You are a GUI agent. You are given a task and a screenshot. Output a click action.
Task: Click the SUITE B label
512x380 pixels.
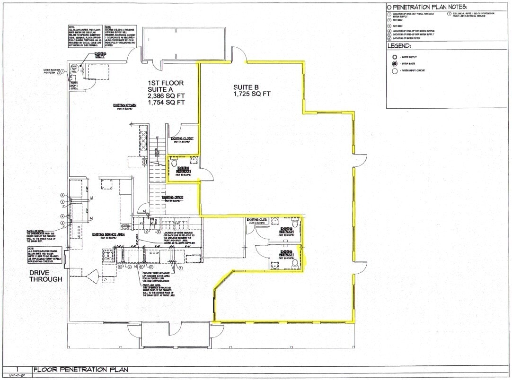pyautogui.click(x=245, y=87)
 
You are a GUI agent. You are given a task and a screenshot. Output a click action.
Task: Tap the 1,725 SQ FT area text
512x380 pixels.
pyautogui.click(x=252, y=95)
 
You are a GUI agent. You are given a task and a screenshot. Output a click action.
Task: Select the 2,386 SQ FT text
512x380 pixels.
pyautogui.click(x=166, y=95)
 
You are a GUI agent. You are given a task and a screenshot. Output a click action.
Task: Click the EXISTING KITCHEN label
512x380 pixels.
pyautogui.click(x=124, y=105)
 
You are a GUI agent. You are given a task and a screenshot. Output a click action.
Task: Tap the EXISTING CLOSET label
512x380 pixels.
pyautogui.click(x=181, y=138)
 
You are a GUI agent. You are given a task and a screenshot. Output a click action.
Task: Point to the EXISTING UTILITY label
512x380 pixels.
pyautogui.click(x=100, y=55)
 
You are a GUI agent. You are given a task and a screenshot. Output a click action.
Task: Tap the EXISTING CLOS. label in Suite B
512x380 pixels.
pyautogui.click(x=257, y=220)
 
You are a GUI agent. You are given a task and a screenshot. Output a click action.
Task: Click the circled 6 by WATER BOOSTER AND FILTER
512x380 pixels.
pyautogui.click(x=60, y=72)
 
